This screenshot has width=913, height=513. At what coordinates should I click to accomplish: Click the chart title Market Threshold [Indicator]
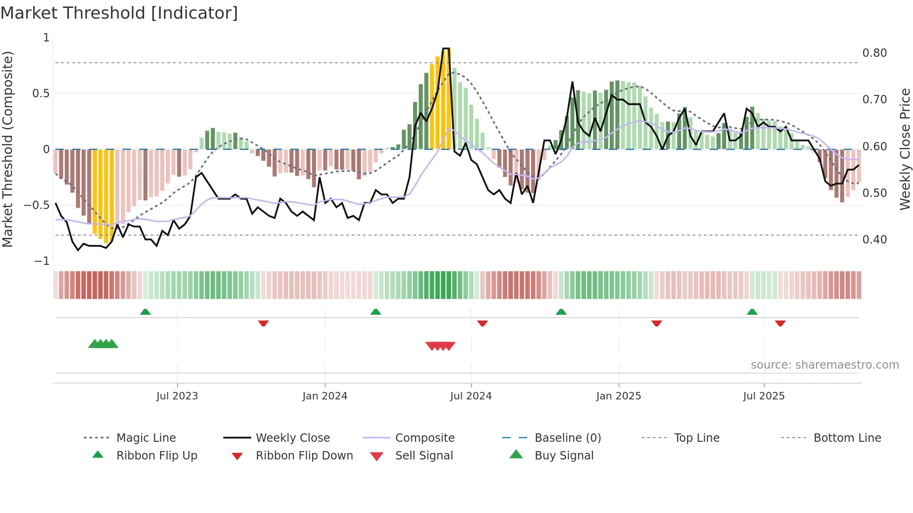tap(119, 13)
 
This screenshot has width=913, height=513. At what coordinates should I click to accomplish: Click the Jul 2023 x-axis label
tap(177, 396)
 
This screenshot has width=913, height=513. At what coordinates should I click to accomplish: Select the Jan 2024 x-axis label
tap(325, 396)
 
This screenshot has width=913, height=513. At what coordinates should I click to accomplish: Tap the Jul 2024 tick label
tap(471, 396)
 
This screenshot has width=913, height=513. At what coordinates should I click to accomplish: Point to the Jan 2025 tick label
tap(619, 396)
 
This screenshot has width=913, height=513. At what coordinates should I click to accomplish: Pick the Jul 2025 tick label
tap(764, 396)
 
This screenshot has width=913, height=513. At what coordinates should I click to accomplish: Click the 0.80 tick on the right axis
tap(874, 53)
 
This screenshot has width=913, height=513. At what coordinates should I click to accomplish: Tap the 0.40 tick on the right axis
tap(874, 240)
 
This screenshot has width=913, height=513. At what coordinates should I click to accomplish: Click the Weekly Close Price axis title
tap(905, 149)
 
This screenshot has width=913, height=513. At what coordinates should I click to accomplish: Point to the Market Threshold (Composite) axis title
tap(7, 149)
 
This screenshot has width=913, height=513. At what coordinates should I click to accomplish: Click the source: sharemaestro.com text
tap(824, 365)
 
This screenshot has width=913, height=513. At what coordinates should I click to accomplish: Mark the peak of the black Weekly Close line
tap(446, 48)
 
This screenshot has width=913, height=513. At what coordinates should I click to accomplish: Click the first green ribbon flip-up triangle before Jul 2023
tap(145, 312)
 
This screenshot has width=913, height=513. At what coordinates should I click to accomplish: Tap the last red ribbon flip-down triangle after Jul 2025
tap(780, 323)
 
